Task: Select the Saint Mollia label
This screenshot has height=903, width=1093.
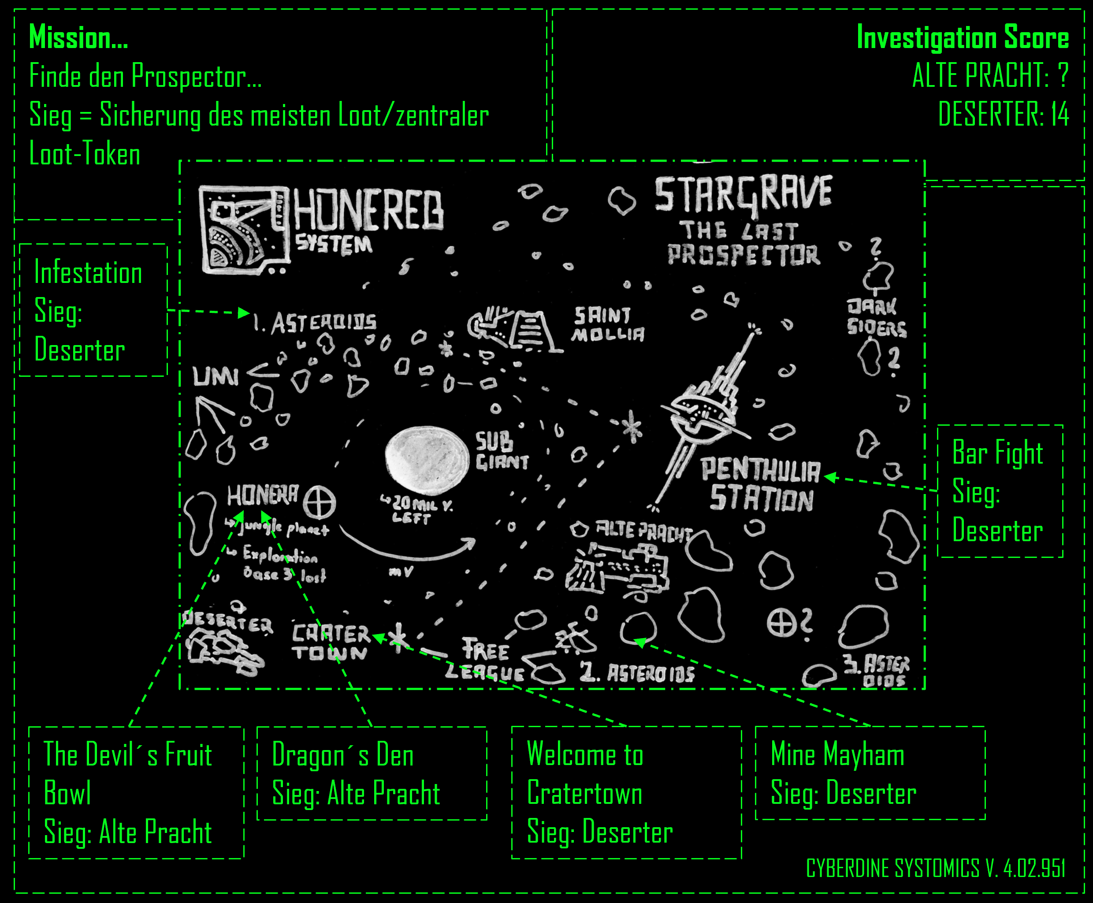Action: click(608, 324)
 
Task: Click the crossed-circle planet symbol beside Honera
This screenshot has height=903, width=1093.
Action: click(320, 503)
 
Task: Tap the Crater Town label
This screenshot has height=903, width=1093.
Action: click(331, 643)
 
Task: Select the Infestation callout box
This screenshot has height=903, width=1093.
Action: click(93, 310)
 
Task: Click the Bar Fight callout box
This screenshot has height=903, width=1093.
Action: click(1000, 491)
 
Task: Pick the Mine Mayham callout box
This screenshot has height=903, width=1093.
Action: click(870, 773)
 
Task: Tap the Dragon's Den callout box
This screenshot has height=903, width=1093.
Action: click(372, 773)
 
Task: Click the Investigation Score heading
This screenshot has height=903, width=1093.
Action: click(963, 37)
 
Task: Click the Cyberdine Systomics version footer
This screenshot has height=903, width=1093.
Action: click(935, 868)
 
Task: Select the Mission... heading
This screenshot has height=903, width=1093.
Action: click(78, 37)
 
